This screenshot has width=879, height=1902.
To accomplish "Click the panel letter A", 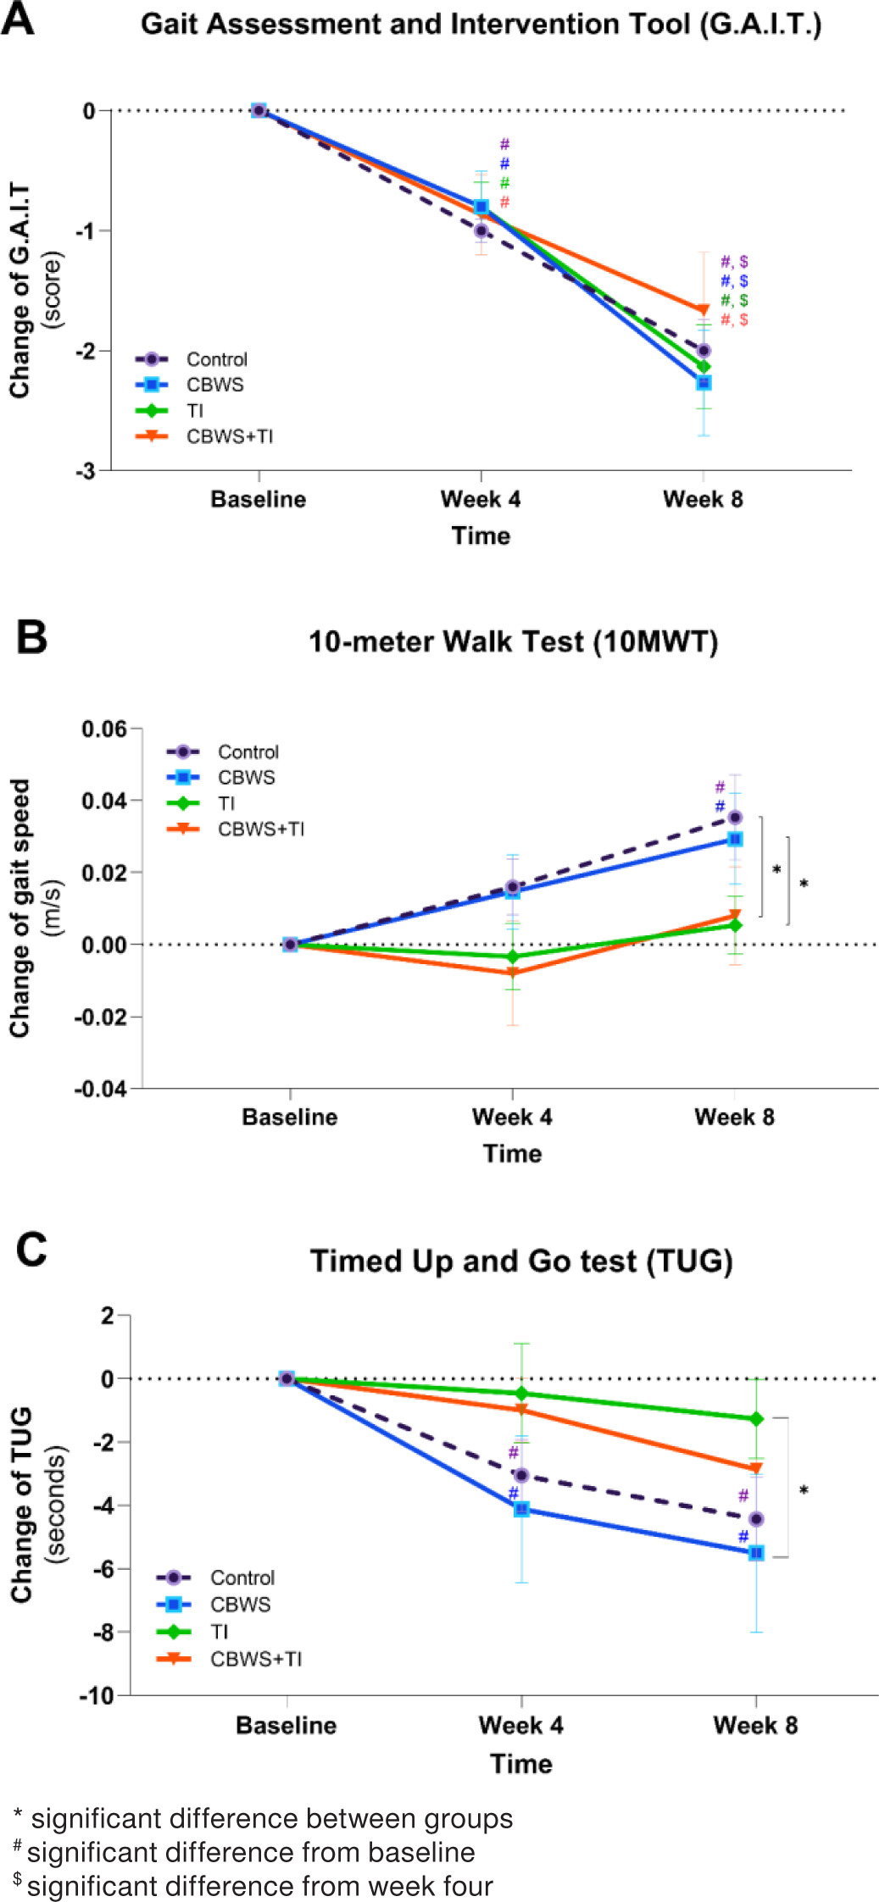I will tap(18, 19).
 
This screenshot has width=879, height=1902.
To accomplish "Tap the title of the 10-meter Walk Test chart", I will tap(513, 641).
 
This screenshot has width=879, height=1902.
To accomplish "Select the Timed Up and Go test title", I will tap(521, 1261).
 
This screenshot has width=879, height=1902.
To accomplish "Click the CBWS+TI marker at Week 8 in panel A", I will tap(703, 310).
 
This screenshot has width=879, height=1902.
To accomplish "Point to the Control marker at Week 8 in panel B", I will tap(735, 818).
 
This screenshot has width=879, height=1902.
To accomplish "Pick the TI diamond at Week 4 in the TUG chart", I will tap(521, 1394).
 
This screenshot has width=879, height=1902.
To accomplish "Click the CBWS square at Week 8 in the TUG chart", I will tap(756, 1553).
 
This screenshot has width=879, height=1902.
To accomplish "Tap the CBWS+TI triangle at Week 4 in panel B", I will tap(512, 973).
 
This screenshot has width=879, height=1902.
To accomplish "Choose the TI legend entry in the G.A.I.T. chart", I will tap(195, 411).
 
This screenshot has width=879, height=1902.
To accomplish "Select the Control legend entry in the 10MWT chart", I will tap(248, 752).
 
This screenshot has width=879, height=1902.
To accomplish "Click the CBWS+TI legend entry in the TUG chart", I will tap(255, 1659).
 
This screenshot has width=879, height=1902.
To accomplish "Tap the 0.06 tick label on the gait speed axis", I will tap(103, 729).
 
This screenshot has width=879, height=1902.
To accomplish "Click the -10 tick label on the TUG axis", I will tap(97, 1696).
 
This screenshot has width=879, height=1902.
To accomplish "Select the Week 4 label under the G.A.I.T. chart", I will tap(481, 499).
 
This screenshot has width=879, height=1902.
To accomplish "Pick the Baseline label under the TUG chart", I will tap(287, 1725).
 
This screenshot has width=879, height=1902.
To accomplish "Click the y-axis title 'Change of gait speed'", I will tap(20, 907).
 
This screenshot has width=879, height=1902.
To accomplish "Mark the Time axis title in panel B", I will tap(512, 1153).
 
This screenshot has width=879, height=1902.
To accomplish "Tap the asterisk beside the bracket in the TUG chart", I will tap(804, 1490).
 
